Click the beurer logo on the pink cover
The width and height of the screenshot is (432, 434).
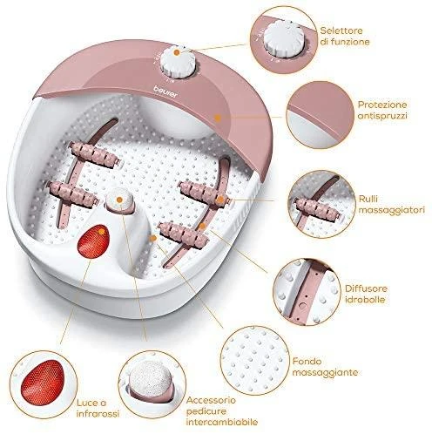165,92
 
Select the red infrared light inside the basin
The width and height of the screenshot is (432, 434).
93,241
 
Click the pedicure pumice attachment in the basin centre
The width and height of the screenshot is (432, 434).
119,201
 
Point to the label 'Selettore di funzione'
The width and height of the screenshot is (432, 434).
345,36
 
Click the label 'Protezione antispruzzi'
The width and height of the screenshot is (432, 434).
382,110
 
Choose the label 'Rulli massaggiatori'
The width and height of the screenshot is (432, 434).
391,204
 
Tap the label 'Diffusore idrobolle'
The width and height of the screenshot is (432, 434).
366,294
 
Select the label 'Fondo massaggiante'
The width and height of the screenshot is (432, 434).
325,367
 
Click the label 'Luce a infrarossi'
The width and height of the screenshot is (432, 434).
98,408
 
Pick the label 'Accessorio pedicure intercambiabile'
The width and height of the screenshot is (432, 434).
222,411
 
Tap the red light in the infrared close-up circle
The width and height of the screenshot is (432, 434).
43,383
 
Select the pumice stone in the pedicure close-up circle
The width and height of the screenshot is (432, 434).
151,378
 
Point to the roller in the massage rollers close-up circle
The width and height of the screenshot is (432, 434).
317,208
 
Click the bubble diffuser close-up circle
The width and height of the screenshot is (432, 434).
307,292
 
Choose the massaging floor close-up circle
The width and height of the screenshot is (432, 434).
254,361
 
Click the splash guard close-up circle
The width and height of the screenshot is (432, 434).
320,115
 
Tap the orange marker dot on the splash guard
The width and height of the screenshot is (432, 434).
218,117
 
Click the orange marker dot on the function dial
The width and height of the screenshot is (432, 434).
177,52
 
